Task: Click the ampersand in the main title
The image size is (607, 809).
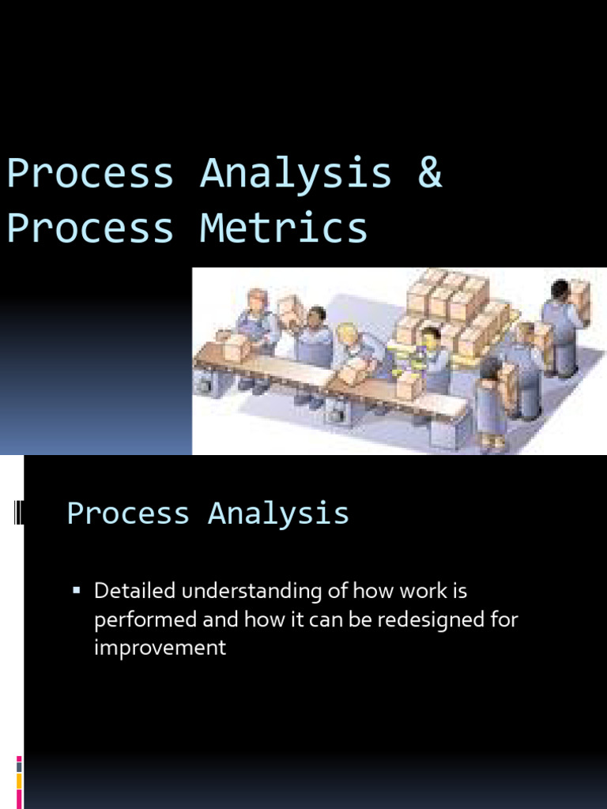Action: [430, 173]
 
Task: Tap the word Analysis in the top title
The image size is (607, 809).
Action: [296, 173]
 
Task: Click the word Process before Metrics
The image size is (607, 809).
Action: [90, 228]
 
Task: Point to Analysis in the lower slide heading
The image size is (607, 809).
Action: [278, 514]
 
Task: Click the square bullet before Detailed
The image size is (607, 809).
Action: [77, 591]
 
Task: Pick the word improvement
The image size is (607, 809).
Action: [160, 648]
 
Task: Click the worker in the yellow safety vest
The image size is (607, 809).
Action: [431, 359]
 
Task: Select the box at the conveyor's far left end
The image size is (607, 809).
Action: [235, 346]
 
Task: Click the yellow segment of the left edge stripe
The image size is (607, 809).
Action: [19, 781]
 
